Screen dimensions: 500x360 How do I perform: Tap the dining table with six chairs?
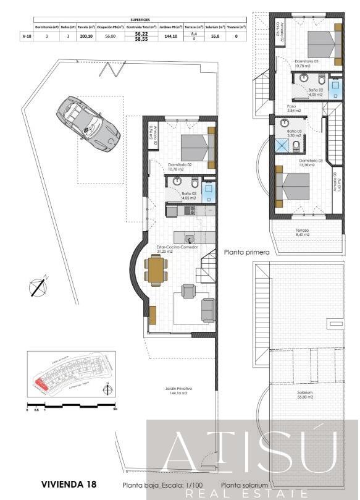pos(156,270)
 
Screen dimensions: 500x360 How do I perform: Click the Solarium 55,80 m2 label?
pos(304,395)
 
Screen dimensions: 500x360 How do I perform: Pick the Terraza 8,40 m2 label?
pos(303,233)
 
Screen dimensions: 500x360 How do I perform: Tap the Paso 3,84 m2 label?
pos(291,108)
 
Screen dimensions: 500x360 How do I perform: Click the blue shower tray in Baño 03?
pos(282,145)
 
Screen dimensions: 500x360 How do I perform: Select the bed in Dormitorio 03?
pos(292,187)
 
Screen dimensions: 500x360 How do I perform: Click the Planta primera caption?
pos(247,252)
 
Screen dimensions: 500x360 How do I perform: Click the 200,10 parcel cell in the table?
pos(86,36)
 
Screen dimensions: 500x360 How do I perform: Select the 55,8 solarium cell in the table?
pos(215,36)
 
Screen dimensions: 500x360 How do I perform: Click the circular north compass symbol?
pos(38,286)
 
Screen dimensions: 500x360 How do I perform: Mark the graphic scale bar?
pos(71,405)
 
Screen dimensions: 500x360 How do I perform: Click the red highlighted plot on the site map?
pos(41,384)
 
